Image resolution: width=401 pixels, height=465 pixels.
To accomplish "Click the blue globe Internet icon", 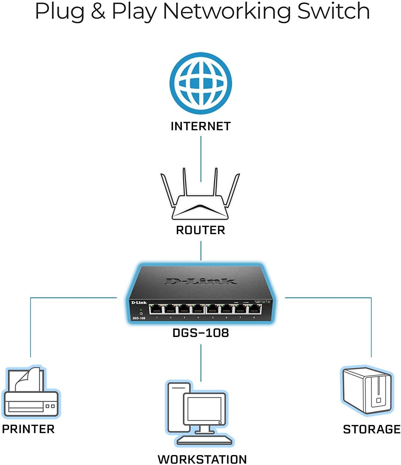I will [200, 83].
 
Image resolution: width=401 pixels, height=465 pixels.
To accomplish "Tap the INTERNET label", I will [200, 126].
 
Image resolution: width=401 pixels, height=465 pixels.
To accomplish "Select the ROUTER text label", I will [200, 230].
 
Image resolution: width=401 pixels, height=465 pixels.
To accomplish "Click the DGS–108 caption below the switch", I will [200, 333].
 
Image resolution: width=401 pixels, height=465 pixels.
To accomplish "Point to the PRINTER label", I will [28, 429].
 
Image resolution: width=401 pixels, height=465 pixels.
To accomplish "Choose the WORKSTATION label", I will [202, 459].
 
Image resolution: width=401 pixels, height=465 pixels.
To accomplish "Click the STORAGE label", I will [372, 429].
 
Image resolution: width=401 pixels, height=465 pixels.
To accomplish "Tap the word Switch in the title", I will [333, 11].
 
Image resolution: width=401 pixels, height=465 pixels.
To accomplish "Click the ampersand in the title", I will [98, 12].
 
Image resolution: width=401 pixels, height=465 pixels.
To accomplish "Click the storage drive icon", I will [367, 391].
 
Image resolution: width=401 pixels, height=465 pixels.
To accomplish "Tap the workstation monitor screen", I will [205, 409].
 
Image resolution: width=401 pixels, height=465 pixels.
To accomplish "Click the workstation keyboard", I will [205, 440].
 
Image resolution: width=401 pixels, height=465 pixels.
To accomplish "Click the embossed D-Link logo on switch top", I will [200, 281].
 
